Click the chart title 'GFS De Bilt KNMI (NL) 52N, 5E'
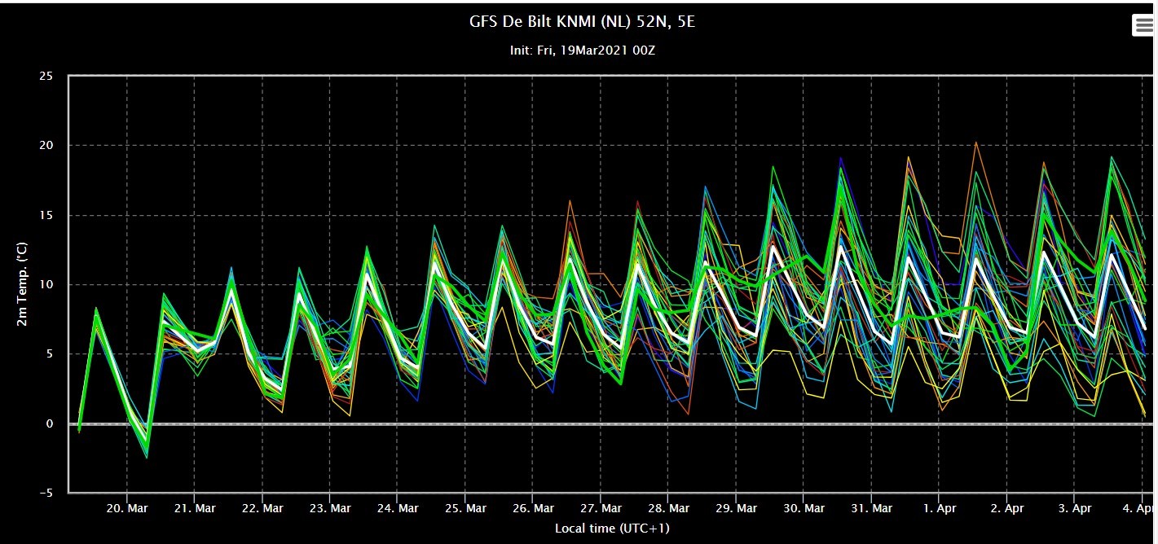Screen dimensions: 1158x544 tap(582, 22)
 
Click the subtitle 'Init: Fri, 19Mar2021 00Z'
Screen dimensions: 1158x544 tap(583, 50)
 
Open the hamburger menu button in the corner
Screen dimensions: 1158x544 tap(1143, 25)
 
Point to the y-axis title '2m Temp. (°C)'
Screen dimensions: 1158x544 tap(22, 284)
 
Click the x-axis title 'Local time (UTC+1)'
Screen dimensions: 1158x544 tap(612, 528)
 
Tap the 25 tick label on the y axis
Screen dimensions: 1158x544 tap(46, 76)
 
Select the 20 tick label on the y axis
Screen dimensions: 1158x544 tap(46, 145)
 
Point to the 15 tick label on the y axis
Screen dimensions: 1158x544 tap(46, 215)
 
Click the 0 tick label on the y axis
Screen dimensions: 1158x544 tap(50, 423)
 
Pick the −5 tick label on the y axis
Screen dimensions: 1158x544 tap(46, 493)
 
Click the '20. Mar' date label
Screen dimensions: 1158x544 tap(127, 508)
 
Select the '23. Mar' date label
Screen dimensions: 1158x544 tap(330, 508)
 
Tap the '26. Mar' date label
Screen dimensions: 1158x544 tap(533, 508)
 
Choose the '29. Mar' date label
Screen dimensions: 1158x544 tap(736, 508)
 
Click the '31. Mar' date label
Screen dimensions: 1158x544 tap(872, 508)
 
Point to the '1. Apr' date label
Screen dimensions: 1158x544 tap(940, 508)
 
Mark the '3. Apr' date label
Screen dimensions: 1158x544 tap(1075, 508)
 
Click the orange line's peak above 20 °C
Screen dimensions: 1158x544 tap(975, 142)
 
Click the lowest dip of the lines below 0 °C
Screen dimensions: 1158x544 tap(147, 457)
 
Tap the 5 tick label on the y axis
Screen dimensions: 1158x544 tap(50, 354)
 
